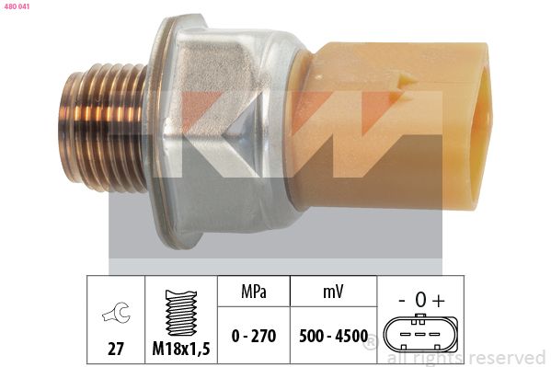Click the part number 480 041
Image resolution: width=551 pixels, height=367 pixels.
point(17,6)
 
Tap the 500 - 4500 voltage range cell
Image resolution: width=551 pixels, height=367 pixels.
point(332,336)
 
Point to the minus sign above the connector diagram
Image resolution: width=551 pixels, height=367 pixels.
point(402,298)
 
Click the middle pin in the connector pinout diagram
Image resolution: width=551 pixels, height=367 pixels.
point(419,333)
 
